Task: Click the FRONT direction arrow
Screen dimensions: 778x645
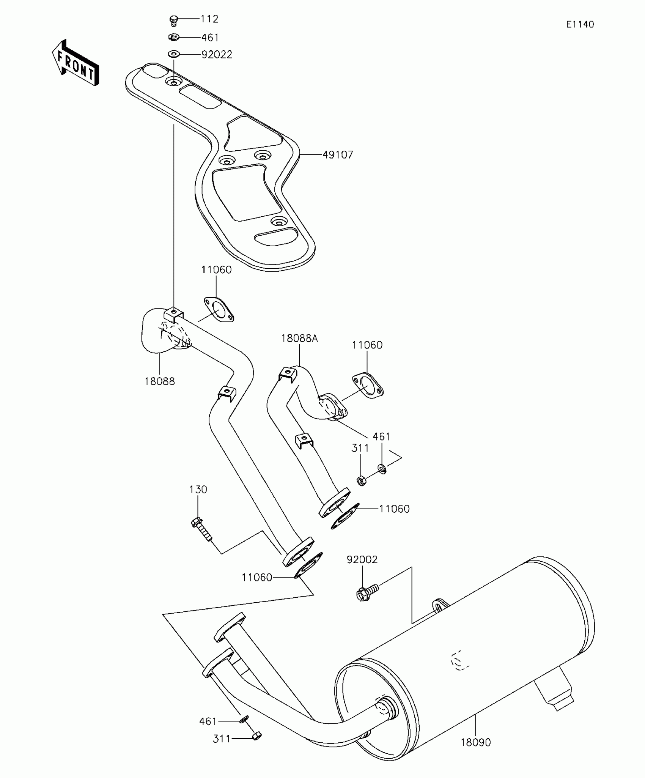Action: pos(76,63)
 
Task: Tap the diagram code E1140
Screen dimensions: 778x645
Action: pos(580,25)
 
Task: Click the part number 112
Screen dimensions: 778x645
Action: pos(209,19)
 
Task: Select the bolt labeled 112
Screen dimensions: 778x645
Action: pos(174,20)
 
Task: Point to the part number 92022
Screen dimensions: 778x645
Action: pos(217,55)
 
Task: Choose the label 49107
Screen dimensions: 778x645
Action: pos(338,155)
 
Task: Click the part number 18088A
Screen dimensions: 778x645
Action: pos(299,338)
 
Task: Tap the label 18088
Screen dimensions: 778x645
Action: pos(159,381)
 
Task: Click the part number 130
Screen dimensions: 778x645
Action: pos(198,490)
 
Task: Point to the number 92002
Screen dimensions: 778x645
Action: pos(362,560)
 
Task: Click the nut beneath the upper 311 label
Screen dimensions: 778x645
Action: pos(362,482)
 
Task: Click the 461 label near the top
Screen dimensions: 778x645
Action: pos(210,38)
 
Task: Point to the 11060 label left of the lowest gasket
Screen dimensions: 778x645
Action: pos(257,578)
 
